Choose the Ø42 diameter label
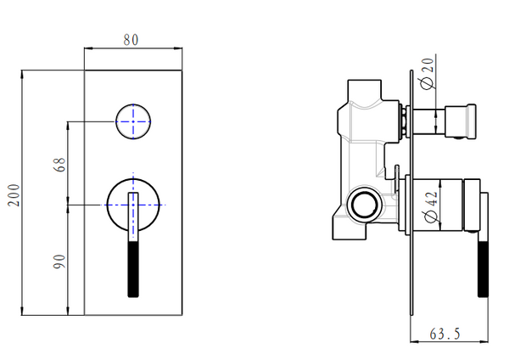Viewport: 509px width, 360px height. [429, 206]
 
